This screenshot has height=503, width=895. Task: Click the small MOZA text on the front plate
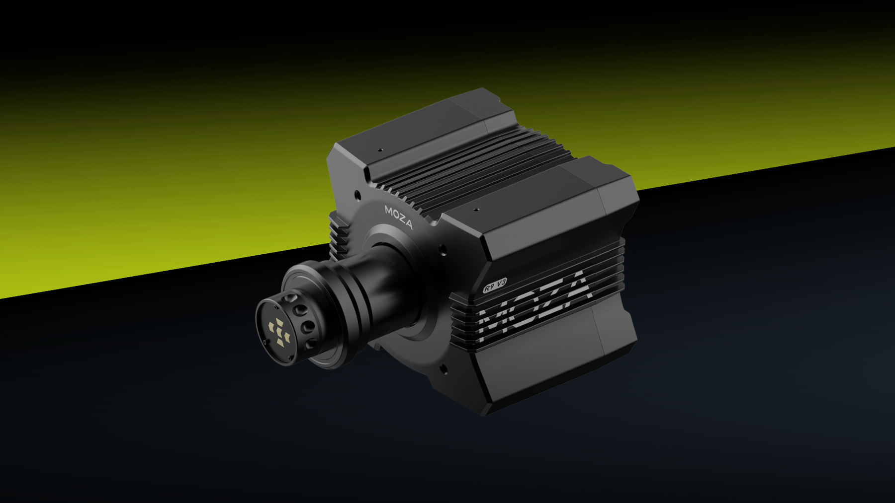[x=398, y=217]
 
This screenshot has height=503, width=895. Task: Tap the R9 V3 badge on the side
[x=495, y=285]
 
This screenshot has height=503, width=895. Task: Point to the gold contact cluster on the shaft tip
[x=279, y=332]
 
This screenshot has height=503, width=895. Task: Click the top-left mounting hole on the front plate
[x=357, y=195]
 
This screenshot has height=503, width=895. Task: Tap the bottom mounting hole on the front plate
[x=444, y=369]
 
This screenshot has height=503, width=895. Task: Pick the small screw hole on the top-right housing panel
[x=476, y=210]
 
